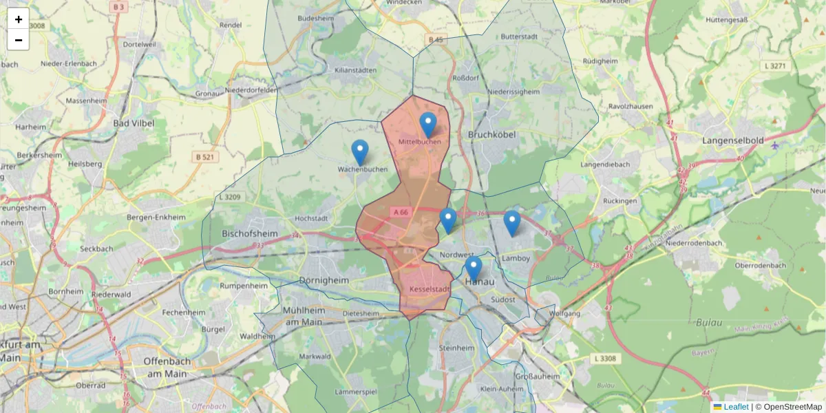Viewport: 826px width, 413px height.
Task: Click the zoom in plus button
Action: point(19,19)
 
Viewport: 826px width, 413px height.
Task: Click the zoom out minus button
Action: point(19,40)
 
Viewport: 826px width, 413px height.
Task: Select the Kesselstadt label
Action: point(429,290)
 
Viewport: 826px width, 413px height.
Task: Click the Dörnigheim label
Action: point(326,280)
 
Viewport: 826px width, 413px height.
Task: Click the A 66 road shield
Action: point(401,213)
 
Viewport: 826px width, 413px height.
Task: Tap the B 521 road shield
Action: point(204,157)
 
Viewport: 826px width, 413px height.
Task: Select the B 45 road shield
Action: point(435,40)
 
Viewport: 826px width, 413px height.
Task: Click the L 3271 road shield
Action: point(774,66)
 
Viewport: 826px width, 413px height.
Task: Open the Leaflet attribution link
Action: point(735,407)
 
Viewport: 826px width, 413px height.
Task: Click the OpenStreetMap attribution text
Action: point(792,407)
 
